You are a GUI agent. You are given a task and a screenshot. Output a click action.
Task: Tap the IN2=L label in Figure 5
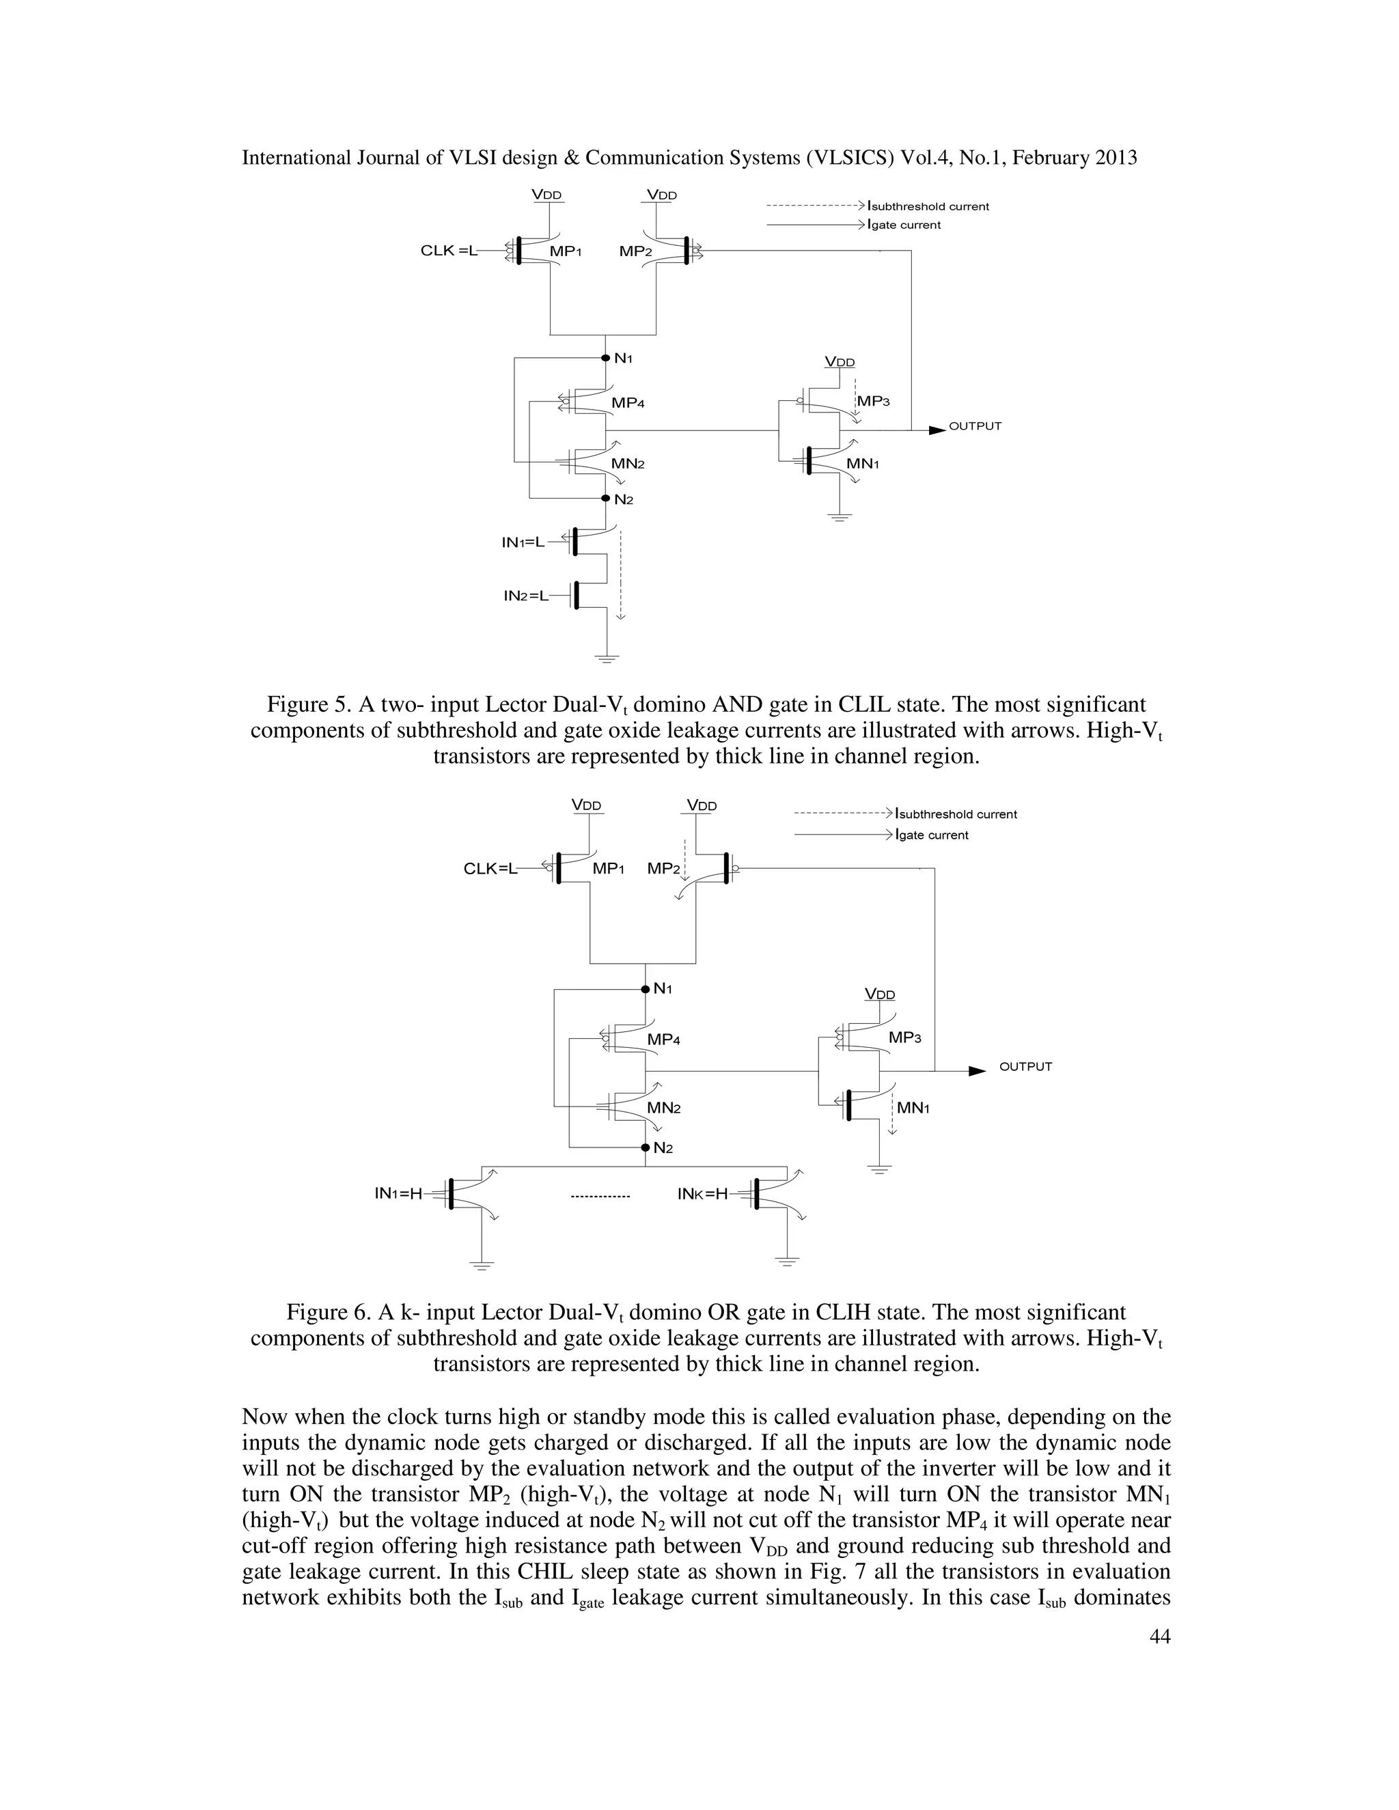[526, 596]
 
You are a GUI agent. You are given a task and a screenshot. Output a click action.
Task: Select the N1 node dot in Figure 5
[606, 358]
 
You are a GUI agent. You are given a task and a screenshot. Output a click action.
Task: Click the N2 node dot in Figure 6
[645, 1148]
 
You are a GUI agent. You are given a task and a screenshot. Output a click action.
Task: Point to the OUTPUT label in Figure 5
[975, 426]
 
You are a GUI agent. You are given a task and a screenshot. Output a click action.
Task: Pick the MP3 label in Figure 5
[873, 401]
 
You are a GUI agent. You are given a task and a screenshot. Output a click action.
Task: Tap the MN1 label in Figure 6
[913, 1108]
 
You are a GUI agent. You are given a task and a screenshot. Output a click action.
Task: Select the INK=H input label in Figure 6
[702, 1193]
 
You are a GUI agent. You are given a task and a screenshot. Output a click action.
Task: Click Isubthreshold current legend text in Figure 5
[928, 206]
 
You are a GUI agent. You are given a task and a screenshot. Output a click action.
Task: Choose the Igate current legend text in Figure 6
[932, 835]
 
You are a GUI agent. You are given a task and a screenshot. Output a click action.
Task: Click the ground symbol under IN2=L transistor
[607, 659]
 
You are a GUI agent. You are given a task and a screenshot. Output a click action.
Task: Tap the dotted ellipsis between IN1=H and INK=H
[601, 1196]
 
